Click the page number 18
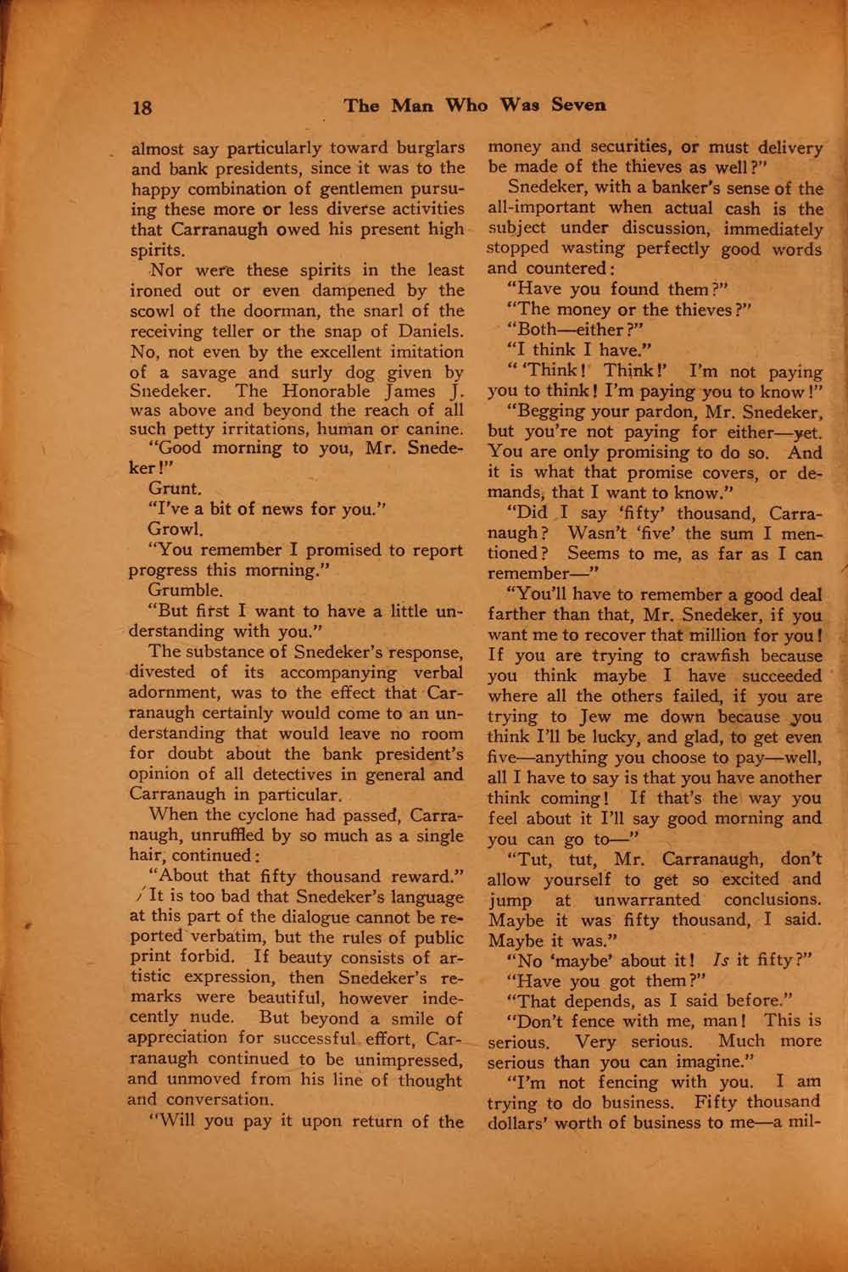tap(141, 108)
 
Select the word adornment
tap(167, 693)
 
